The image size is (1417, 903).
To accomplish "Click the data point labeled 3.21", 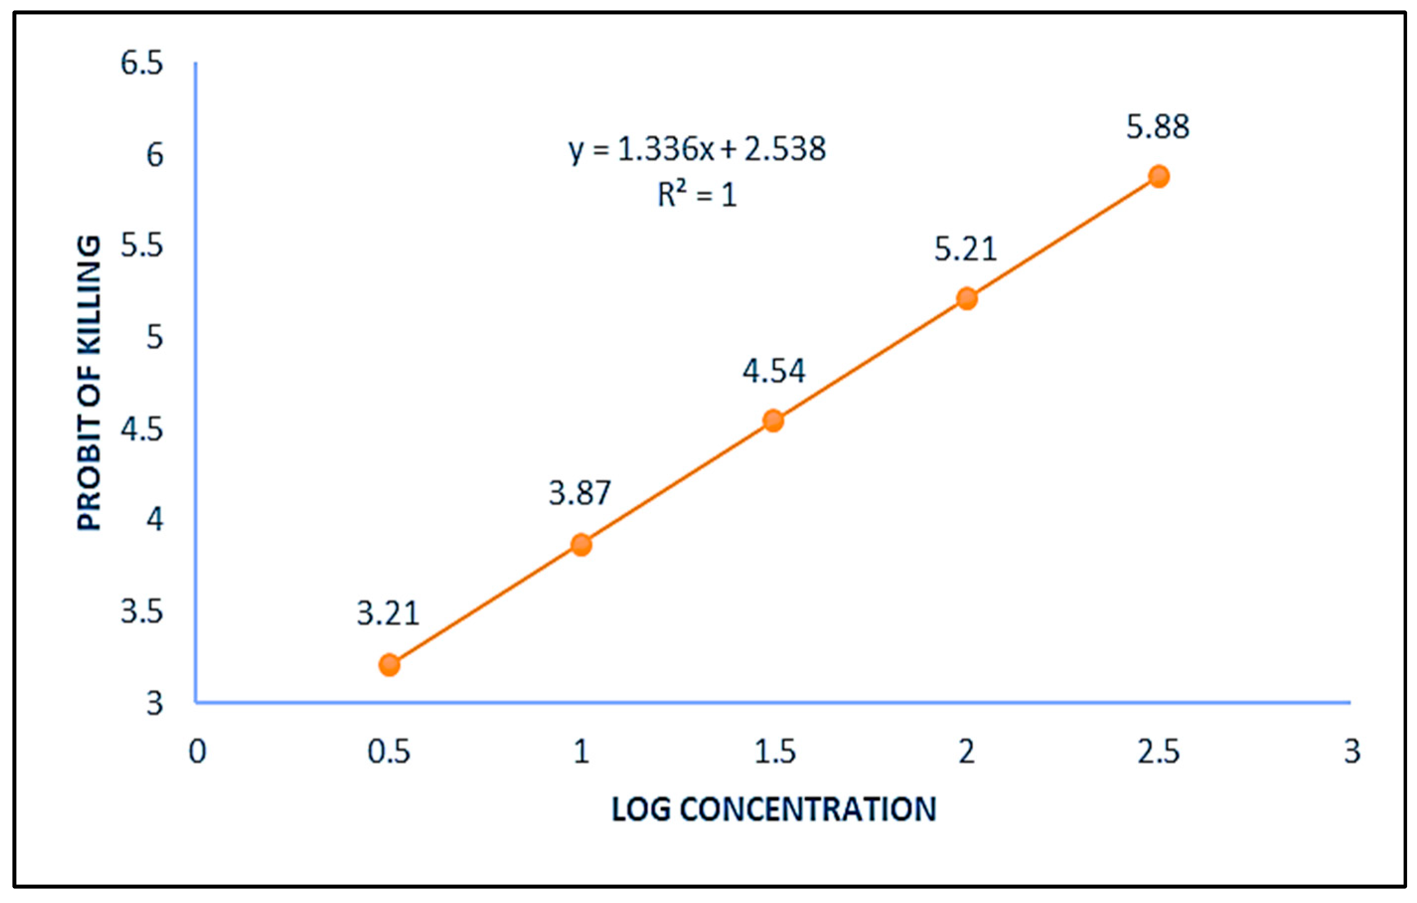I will coord(389,665).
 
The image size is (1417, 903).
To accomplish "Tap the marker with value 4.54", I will coord(774,420).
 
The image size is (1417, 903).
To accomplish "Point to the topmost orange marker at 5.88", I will coord(1159,176).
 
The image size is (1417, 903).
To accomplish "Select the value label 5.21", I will coord(966,249).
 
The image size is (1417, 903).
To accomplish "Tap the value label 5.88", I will coord(1158,127).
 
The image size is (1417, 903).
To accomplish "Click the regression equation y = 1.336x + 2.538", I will coord(697,150).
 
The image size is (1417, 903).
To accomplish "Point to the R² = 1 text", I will coord(697,194).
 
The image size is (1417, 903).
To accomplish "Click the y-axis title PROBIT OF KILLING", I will coord(89,383).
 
